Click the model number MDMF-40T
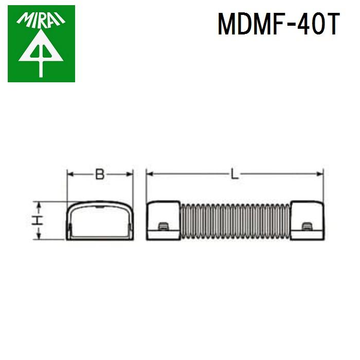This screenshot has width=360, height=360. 278,25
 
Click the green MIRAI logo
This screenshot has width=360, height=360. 41,44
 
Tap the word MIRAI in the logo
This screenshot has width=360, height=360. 41,20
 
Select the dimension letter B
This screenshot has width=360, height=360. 100,174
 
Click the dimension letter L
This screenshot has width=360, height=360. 235,174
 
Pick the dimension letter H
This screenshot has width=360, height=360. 37,221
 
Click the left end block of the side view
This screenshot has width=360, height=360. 163,221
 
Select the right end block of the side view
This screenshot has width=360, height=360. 308,221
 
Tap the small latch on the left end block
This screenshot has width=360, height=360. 163,227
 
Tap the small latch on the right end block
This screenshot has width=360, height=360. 307,227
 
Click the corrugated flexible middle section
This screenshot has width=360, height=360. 235,221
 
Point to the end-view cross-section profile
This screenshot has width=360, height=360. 100,221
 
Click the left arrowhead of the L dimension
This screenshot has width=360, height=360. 150,174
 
